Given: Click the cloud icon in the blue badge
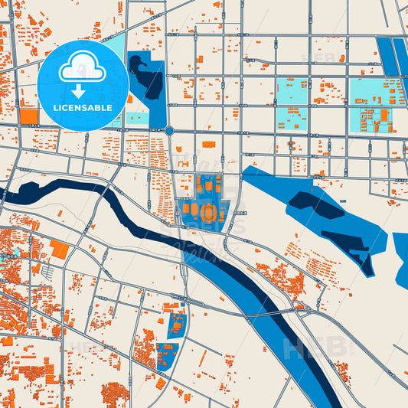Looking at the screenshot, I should (83, 67).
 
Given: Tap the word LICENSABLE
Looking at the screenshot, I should (83, 108).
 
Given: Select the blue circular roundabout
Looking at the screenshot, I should (169, 131).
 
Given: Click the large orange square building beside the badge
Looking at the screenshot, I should (29, 116).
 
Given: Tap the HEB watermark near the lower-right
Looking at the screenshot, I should (315, 348).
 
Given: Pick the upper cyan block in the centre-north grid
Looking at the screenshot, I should (292, 91).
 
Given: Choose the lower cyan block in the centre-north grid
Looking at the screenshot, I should (292, 119).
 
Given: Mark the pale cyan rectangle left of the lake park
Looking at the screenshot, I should (137, 119).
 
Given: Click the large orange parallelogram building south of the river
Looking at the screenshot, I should (59, 250).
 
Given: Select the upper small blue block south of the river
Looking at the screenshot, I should (177, 323).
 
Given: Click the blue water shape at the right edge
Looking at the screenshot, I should (400, 260).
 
